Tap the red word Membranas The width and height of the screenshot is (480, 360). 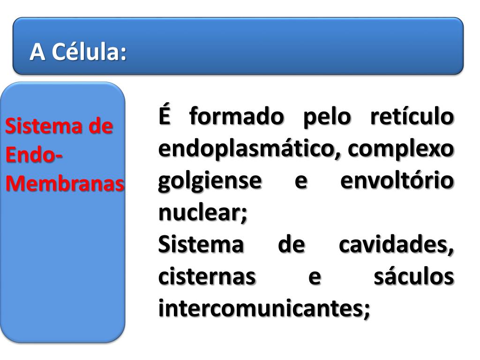pos(65,184)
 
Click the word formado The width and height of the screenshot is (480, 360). pos(237,117)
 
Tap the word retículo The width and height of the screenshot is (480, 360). pos(412,117)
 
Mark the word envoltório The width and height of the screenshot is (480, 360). pos(397,181)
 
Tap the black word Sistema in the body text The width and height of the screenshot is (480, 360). pos(201,245)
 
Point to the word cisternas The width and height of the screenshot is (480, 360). pos(207,277)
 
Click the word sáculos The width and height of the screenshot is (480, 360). pos(413,277)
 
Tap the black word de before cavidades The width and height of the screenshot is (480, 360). pos(291,245)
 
